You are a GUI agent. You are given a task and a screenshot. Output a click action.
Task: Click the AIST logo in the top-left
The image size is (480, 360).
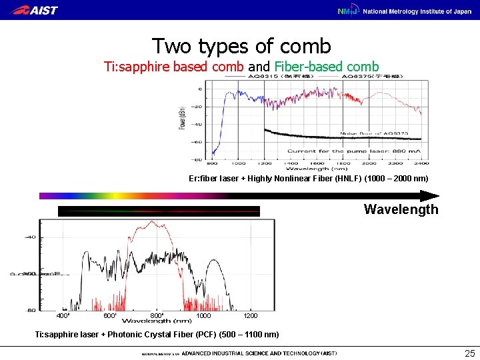coord(35,10)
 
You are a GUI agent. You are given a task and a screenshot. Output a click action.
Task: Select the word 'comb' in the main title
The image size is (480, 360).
coord(305,46)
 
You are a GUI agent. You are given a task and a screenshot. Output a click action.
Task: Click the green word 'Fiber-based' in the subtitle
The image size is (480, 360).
coord(311,67)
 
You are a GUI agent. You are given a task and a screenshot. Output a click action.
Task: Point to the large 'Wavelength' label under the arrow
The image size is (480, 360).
coord(401,209)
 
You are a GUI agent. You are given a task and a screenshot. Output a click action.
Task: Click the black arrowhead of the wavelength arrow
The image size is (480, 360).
coord(430,196)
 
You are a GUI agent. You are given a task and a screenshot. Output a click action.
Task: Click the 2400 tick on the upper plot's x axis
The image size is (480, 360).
coord(421,163)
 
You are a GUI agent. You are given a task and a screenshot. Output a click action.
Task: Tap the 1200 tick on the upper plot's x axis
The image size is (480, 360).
coord(264,163)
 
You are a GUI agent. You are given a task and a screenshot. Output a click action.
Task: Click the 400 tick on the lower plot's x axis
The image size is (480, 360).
coord(63,315)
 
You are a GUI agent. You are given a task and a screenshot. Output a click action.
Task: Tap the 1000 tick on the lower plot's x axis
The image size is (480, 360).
coord(203,315)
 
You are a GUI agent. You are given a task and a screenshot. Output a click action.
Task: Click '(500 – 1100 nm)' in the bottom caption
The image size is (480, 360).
coord(245,334)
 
